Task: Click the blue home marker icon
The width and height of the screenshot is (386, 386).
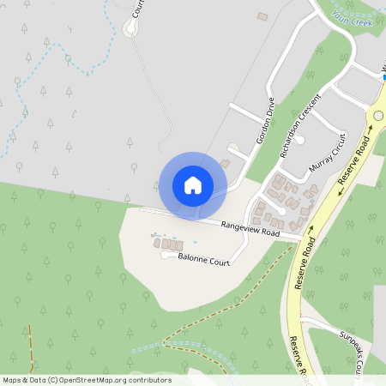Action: [x=193, y=185]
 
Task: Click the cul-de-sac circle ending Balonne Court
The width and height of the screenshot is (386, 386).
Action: [x=165, y=255]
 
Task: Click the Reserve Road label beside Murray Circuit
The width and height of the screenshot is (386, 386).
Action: [x=353, y=168]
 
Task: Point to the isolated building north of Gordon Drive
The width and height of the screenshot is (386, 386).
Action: [x=262, y=15]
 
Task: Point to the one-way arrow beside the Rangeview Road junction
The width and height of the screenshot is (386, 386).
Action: [x=311, y=230]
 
